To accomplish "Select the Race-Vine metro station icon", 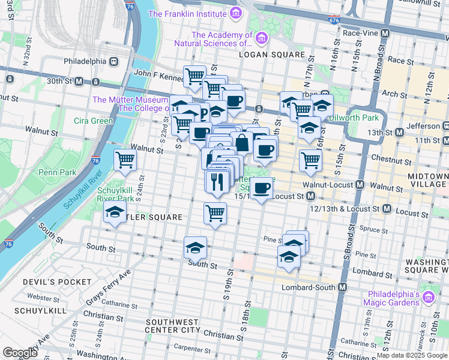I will coord(385,33).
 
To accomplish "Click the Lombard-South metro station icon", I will coord(342,287).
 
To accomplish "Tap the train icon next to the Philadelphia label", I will coord(112,61).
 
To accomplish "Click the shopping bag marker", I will coord(242,143).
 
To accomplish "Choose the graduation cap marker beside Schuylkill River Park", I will coord(115,212).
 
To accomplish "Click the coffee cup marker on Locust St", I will coord(261,188).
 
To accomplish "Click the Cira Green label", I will coord(93,121).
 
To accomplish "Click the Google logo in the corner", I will coord(20,353).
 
